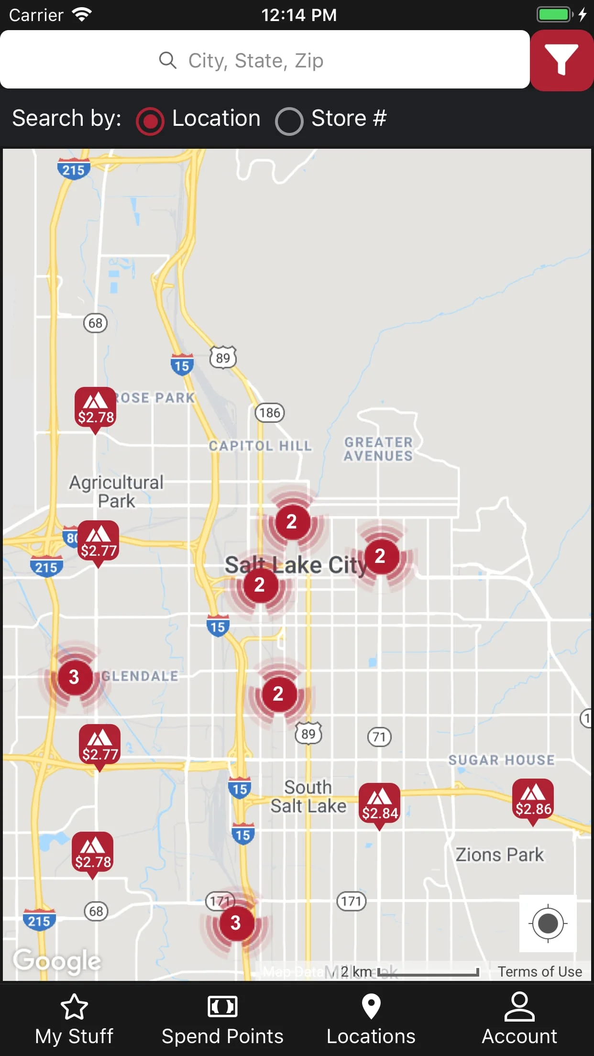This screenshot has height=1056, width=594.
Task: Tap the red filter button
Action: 561,60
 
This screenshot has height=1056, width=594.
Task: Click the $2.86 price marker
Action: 533,800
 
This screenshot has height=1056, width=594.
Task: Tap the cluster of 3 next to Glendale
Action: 74,677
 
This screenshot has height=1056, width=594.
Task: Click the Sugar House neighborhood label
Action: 501,760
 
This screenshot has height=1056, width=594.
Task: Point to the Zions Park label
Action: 499,855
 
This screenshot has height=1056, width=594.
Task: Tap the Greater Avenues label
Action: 378,449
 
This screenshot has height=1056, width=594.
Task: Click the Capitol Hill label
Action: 260,446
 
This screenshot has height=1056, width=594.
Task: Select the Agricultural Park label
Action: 116,492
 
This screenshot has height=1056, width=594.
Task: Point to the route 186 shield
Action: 270,412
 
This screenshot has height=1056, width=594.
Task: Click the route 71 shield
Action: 379,737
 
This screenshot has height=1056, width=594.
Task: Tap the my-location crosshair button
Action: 548,923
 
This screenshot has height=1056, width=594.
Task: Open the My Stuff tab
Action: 74,1019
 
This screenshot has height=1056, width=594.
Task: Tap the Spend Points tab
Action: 222,1019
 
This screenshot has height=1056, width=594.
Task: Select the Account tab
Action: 519,1019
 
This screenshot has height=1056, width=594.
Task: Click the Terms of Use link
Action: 539,972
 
